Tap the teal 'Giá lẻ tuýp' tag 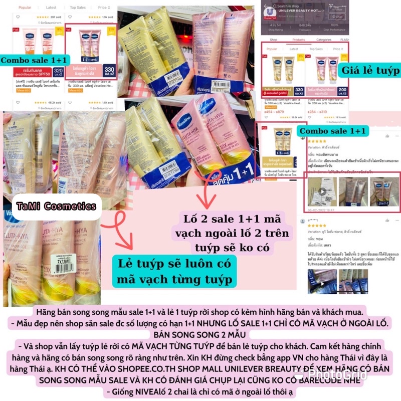pyautogui.click(x=370, y=71)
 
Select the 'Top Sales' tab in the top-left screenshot pyautogui.click(x=78, y=8)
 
